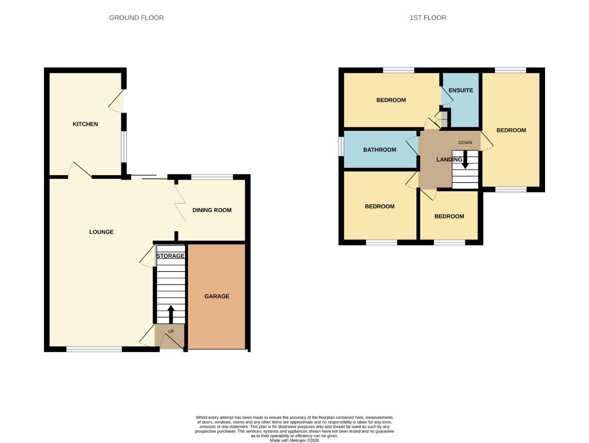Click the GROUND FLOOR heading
(x=136, y=18)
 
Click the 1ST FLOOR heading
(x=428, y=18)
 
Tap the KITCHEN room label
(x=85, y=124)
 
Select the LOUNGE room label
(x=101, y=232)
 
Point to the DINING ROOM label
(x=212, y=210)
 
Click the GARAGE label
(x=217, y=296)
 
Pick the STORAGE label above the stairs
(x=170, y=256)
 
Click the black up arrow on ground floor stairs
(x=171, y=314)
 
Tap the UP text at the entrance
(x=171, y=331)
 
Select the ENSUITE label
(x=461, y=90)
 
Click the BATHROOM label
(x=380, y=150)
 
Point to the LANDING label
(x=449, y=160)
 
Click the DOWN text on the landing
(x=465, y=143)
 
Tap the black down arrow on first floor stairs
(x=465, y=162)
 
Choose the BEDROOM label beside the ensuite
(x=391, y=100)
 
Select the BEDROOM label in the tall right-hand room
(x=511, y=130)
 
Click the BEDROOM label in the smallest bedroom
(x=449, y=217)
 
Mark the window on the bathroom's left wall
(x=341, y=146)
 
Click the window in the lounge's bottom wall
(x=94, y=349)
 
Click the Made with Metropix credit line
(x=294, y=441)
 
